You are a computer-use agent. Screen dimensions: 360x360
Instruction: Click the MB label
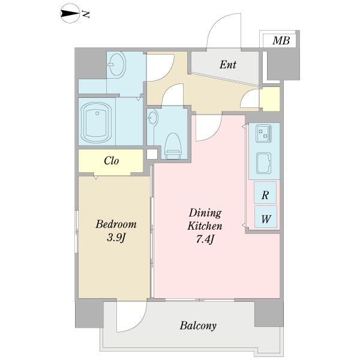click(x=281, y=41)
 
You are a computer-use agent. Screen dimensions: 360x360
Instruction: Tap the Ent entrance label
click(x=227, y=65)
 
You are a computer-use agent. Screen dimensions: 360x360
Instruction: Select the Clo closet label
click(x=112, y=160)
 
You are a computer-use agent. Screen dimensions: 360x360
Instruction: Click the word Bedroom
click(x=116, y=224)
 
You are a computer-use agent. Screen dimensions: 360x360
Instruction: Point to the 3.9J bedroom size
click(x=116, y=238)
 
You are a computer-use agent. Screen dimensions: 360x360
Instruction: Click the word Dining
click(x=205, y=213)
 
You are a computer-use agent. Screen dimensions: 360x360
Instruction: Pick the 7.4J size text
click(x=205, y=239)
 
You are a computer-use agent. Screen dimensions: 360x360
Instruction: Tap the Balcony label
click(x=198, y=326)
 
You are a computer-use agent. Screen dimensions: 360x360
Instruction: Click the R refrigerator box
click(x=265, y=193)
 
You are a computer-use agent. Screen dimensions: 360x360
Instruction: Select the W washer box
click(x=266, y=217)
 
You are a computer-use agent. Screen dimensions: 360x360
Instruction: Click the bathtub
click(x=97, y=122)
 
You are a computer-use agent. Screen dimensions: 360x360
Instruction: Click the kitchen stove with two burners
click(x=264, y=134)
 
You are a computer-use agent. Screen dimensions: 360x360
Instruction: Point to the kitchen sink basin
click(x=263, y=163)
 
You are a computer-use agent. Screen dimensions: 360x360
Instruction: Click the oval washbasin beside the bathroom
click(x=116, y=65)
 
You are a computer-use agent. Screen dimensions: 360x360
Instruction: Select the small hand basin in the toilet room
click(x=152, y=117)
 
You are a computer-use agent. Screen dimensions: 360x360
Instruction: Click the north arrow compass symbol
click(x=70, y=14)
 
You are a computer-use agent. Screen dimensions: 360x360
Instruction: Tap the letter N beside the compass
click(x=86, y=14)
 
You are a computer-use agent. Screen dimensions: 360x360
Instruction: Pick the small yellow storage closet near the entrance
click(x=270, y=99)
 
